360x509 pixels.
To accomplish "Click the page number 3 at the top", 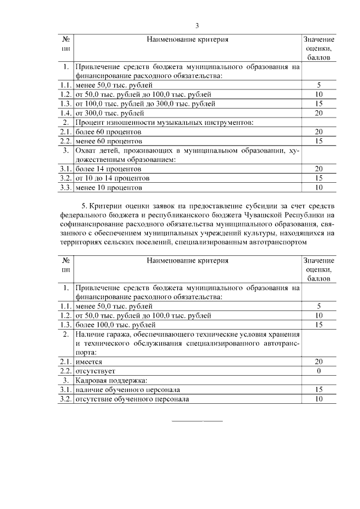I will click(197, 26).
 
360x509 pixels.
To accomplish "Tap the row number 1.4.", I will click(66, 113).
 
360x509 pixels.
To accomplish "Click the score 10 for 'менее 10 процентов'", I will click(318, 187).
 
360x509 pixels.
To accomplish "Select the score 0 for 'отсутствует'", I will click(318, 372).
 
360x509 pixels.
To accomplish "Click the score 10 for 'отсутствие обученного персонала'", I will click(318, 399).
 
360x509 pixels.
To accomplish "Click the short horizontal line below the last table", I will click(197, 421).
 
